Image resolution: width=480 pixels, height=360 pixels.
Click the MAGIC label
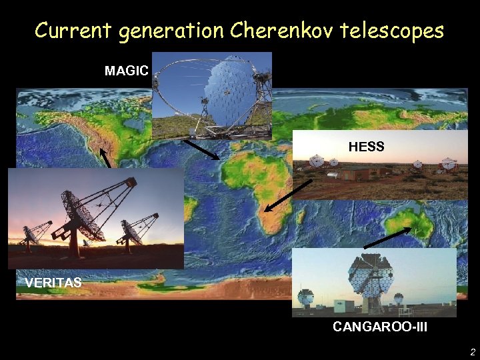point(127,71)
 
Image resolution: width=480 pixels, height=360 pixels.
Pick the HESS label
point(366,147)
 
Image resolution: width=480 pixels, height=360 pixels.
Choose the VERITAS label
point(53,283)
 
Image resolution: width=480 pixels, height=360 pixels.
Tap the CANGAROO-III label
point(380,327)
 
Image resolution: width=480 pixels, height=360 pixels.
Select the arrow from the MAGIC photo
point(201,149)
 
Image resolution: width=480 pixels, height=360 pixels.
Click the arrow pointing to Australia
point(388,237)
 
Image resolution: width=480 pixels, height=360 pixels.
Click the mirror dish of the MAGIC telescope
point(230,97)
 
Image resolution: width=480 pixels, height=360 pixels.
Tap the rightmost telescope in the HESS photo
point(449,164)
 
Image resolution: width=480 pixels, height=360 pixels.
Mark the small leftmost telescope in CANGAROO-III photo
point(305,297)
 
